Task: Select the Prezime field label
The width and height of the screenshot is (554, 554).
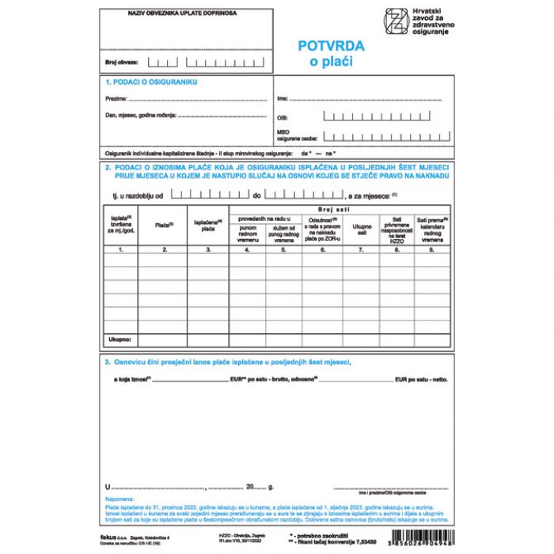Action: pyautogui.click(x=116, y=99)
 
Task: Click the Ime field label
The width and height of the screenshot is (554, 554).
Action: pyautogui.click(x=283, y=99)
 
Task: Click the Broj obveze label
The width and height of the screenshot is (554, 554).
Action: pyautogui.click(x=122, y=62)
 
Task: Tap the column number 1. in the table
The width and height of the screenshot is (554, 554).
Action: pyautogui.click(x=121, y=249)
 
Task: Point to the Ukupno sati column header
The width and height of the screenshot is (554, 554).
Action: pyautogui.click(x=361, y=227)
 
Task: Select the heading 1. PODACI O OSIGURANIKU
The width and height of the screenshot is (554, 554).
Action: pyautogui.click(x=150, y=82)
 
